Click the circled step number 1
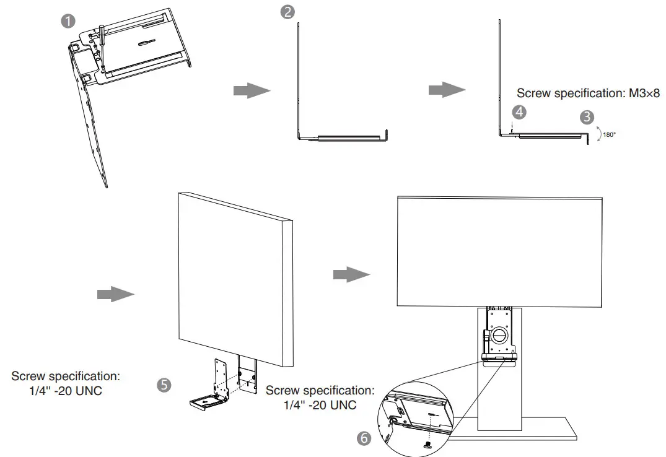pos(68,20)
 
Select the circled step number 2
pos(287,12)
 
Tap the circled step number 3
pos(586,116)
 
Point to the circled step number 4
pos(519,112)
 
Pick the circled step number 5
pos(164,385)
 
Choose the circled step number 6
pos(364,438)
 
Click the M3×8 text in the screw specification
pos(641,94)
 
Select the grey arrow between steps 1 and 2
pos(252,90)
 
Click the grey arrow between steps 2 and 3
pos(447,90)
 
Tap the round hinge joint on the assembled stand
pos(499,335)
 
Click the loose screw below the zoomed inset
pos(428,444)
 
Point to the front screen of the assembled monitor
pos(499,251)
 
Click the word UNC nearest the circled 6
pos(343,405)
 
